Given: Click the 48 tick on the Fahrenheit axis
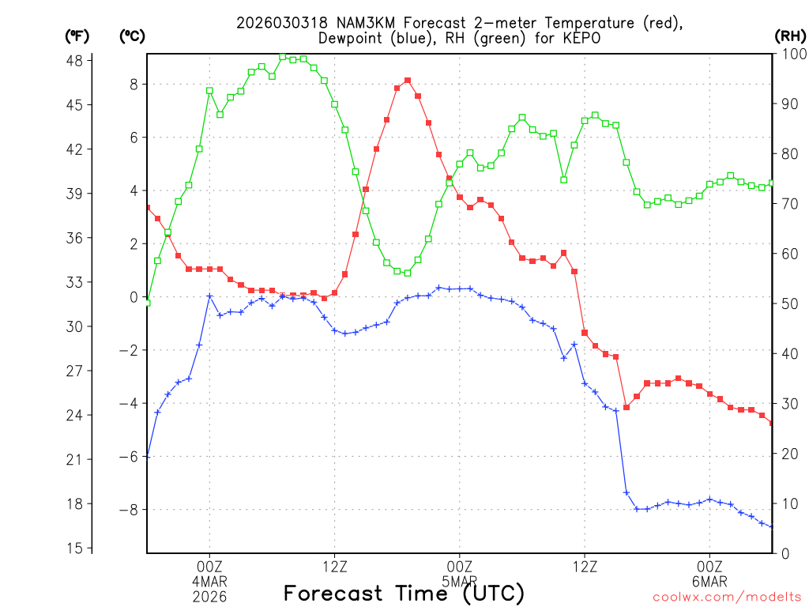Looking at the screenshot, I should tap(79, 60).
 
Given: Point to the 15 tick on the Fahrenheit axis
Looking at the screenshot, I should tap(79, 548).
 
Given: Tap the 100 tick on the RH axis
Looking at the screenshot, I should tap(792, 55).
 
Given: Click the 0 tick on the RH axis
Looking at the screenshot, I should tap(785, 553).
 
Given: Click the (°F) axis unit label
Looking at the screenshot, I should tap(77, 36).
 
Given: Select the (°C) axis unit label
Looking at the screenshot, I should tap(132, 36).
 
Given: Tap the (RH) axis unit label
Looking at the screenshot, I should tap(790, 36).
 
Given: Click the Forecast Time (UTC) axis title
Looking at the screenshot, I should tap(404, 593).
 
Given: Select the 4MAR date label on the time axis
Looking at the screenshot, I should tap(209, 581).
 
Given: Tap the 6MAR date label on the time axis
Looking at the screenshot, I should tap(709, 581).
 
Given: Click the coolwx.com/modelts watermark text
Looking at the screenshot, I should tap(727, 597).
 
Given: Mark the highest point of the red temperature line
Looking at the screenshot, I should tap(408, 81).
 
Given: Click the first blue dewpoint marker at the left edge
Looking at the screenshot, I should tap(148, 457).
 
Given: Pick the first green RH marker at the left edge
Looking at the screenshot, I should tap(148, 303).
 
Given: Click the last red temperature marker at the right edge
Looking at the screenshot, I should tap(772, 423).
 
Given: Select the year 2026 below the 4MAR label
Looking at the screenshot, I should tap(209, 596).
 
